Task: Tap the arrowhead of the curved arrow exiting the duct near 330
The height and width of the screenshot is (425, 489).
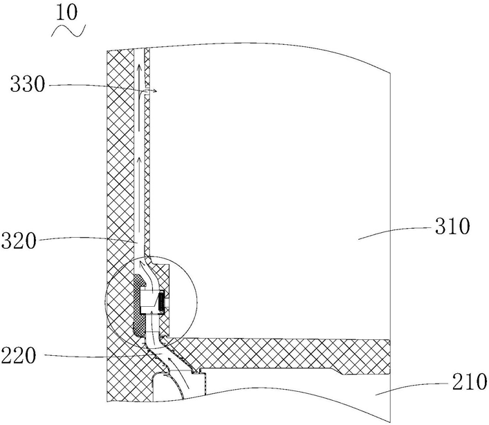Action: coord(158,91)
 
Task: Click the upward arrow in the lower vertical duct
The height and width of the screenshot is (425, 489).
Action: coord(140,164)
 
